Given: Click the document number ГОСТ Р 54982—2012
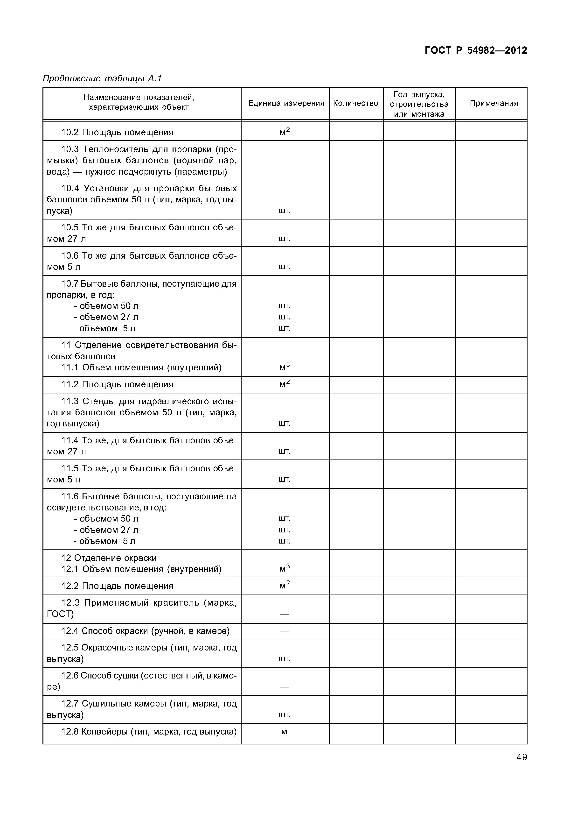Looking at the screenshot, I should pos(476,50).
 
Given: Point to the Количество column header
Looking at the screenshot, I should pos(355,103).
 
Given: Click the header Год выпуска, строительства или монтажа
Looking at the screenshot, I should pos(419,104).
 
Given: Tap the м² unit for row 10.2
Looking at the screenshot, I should pos(285,132).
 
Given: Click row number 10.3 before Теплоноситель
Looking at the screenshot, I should pos(70,149).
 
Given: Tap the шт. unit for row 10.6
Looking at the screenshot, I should pos(285,267).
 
